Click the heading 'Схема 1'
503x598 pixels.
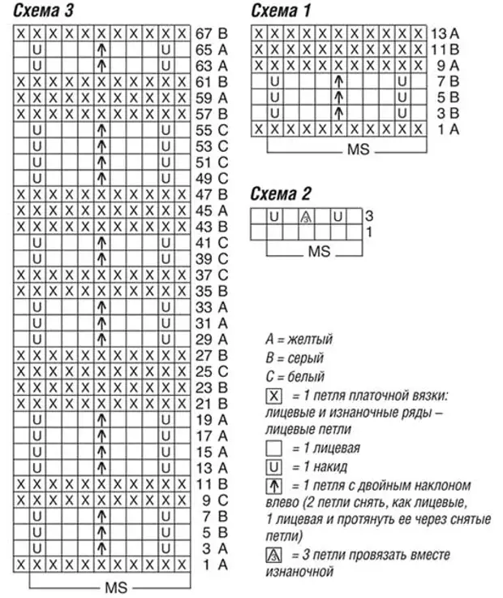coord(280,11)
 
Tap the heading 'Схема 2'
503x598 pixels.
coord(280,193)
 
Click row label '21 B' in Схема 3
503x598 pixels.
coord(213,403)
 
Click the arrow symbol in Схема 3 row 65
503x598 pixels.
coord(101,50)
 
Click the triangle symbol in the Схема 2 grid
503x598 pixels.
coord(307,217)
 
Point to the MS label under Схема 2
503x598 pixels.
coord(317,253)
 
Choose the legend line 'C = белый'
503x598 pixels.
coord(294,377)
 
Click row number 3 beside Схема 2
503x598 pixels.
coord(368,216)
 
